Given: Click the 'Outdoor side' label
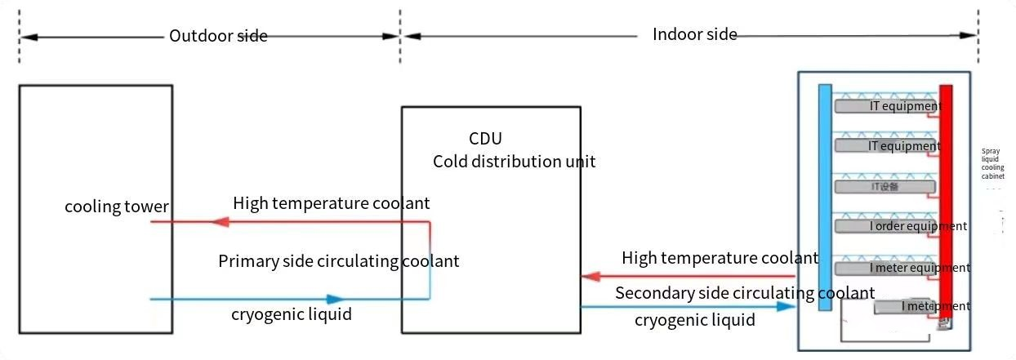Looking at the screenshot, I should tap(218, 36).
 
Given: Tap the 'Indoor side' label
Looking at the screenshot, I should tap(695, 34).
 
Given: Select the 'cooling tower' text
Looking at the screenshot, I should tap(117, 207).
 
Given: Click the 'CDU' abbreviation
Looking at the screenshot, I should tap(485, 139).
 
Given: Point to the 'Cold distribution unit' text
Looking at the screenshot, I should tap(514, 161).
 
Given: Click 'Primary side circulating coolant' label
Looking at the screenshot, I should tap(338, 261).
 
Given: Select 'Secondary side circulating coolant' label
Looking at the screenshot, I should tap(745, 293).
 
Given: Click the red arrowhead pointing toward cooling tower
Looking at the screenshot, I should tap(218, 221).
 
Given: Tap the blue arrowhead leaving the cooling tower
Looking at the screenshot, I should tap(335, 300).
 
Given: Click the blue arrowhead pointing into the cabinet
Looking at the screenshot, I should tap(786, 307).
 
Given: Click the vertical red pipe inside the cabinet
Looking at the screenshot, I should tap(946, 204).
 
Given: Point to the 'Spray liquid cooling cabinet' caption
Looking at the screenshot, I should tap(992, 163).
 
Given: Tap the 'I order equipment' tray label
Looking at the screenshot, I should tap(918, 226).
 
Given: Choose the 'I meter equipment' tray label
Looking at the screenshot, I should tap(920, 268).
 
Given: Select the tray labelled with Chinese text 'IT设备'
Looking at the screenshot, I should tap(885, 187).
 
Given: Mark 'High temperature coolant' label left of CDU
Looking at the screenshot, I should tap(331, 202).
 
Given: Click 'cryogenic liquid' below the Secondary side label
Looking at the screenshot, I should tap(694, 320).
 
